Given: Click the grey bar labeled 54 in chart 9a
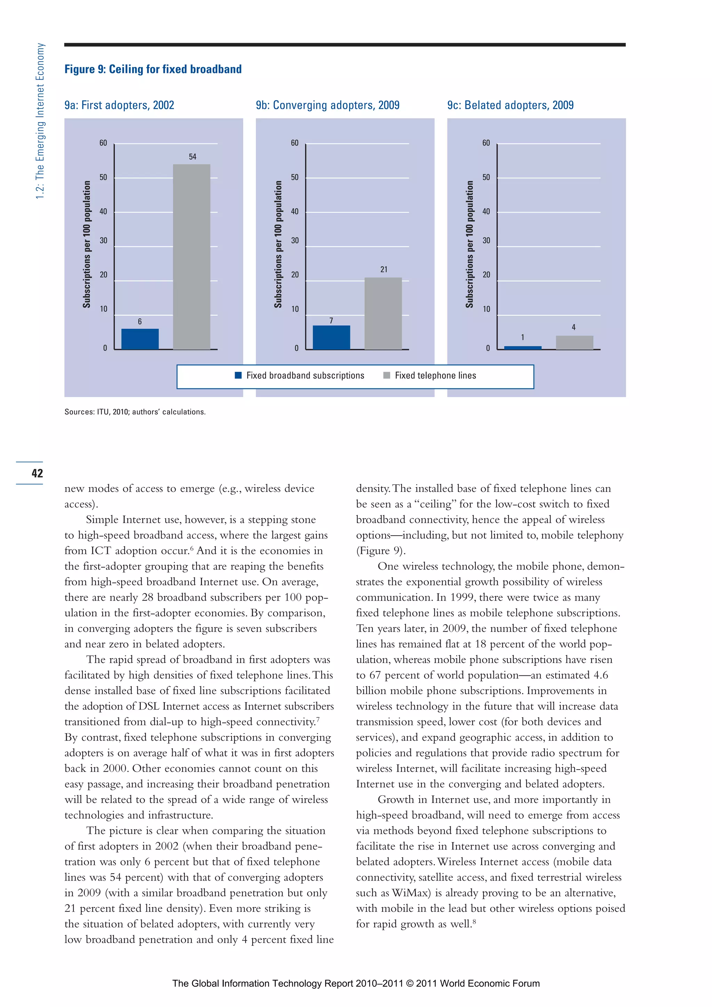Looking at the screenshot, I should pyautogui.click(x=191, y=257).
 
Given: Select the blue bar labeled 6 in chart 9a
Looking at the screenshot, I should pyautogui.click(x=140, y=339).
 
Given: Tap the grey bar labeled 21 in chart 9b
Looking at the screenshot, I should pyautogui.click(x=383, y=313).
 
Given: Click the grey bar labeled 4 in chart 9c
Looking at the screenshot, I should pyautogui.click(x=574, y=342).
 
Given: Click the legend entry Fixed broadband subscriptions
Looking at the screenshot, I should pyautogui.click(x=300, y=375).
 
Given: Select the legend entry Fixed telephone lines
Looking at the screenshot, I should pyautogui.click(x=430, y=375).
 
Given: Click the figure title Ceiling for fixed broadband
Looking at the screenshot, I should pyautogui.click(x=153, y=69).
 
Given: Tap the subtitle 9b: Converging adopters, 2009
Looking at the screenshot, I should pyautogui.click(x=327, y=105).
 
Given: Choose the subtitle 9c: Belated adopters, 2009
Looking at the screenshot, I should pyautogui.click(x=510, y=105).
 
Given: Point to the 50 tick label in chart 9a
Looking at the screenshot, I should pyautogui.click(x=103, y=177).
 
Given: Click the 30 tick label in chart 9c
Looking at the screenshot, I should pyautogui.click(x=486, y=240).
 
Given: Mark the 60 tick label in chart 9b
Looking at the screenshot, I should pyautogui.click(x=294, y=143).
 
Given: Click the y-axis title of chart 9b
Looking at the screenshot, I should pyautogui.click(x=278, y=244).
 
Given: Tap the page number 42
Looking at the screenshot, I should pyautogui.click(x=37, y=473).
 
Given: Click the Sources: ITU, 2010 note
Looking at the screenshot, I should pyautogui.click(x=135, y=412).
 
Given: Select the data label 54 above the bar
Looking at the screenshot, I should pyautogui.click(x=192, y=156).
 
